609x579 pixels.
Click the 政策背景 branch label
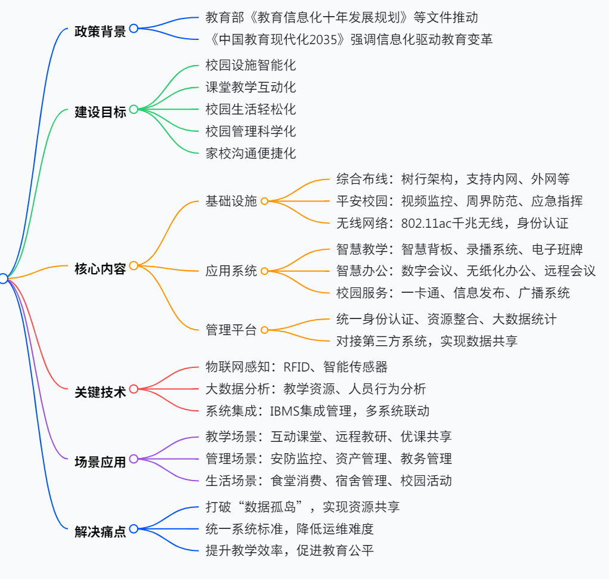(x=100, y=31)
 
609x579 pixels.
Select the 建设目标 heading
(x=100, y=112)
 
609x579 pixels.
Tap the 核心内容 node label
(x=100, y=268)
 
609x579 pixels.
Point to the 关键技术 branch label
(x=100, y=392)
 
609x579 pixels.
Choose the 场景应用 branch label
(x=100, y=461)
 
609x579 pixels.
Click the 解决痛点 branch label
(x=100, y=531)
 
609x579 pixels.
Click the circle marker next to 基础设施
(x=265, y=202)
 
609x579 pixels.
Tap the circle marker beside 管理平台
(x=265, y=330)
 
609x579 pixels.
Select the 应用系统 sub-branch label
(x=231, y=271)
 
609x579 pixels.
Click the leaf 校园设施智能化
(x=250, y=65)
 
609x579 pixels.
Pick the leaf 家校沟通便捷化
(x=250, y=153)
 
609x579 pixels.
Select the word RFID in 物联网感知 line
(x=296, y=367)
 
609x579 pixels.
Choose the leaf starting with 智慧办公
(x=465, y=271)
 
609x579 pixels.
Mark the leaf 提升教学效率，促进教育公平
(x=290, y=550)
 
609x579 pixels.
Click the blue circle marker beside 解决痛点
(x=133, y=529)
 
